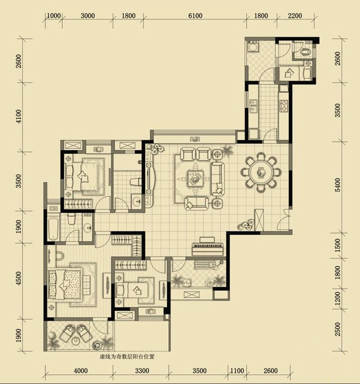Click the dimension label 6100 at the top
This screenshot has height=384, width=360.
click(x=195, y=16)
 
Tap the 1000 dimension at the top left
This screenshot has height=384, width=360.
click(x=53, y=16)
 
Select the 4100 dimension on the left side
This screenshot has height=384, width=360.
click(x=19, y=116)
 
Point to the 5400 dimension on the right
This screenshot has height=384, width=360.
click(x=337, y=184)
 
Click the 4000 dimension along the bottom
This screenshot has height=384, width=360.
click(x=80, y=371)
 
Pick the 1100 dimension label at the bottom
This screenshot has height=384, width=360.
click(x=237, y=371)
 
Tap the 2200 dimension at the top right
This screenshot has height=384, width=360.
click(x=295, y=16)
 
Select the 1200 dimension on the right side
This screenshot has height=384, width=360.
click(x=337, y=298)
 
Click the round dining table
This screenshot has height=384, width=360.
click(x=261, y=172)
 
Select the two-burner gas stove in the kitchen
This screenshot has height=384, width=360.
click(x=284, y=106)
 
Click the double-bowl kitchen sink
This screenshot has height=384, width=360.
click(x=253, y=106)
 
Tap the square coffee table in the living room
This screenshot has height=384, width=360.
click(x=195, y=178)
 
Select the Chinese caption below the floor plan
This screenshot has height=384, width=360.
click(x=127, y=356)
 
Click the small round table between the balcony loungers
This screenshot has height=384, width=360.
click(x=77, y=341)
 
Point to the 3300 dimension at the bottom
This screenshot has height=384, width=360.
click(x=142, y=371)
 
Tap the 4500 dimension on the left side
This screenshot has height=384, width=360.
click(x=19, y=278)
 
